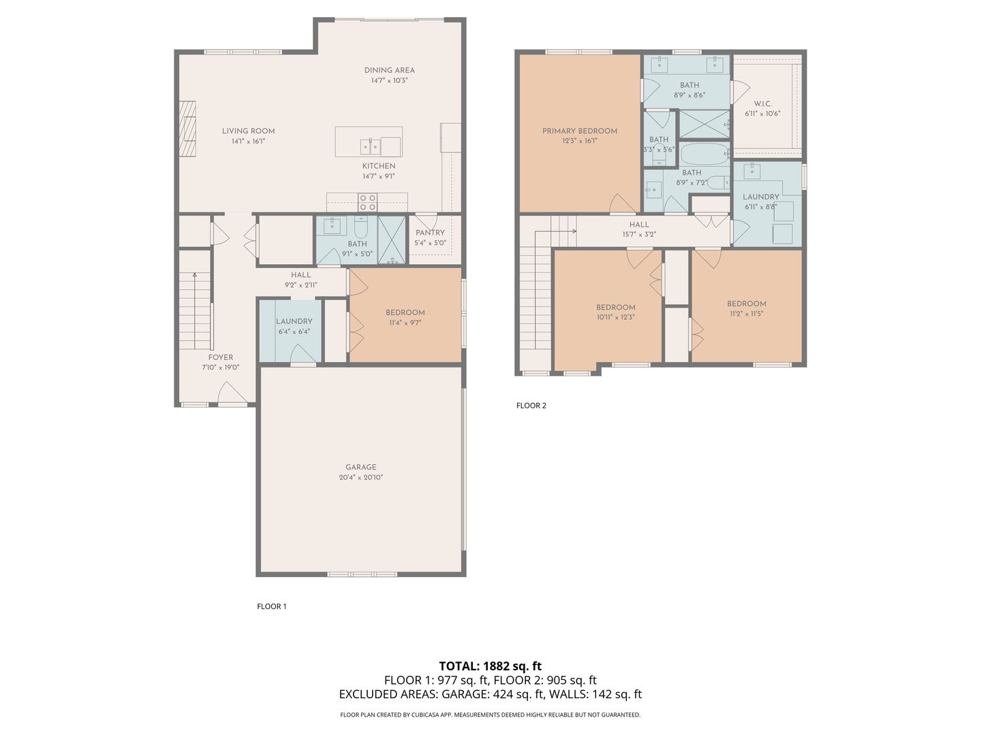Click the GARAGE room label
[x=360, y=467]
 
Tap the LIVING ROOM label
[x=249, y=131]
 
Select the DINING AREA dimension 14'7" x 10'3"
[x=389, y=81]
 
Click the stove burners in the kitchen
[x=368, y=202]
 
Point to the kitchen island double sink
[x=371, y=146]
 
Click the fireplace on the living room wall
[x=188, y=129]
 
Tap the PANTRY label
[x=430, y=233]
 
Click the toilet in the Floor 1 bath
[x=360, y=227]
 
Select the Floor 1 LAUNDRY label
[x=294, y=321]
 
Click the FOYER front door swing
[x=232, y=392]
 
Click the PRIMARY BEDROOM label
[x=580, y=131]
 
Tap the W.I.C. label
[x=762, y=103]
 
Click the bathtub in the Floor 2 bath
[x=705, y=154]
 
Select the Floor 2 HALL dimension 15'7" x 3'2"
[x=639, y=234]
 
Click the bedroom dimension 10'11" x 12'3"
[x=615, y=317]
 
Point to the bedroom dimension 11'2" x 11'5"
[x=747, y=314]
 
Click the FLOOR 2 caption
[x=531, y=406]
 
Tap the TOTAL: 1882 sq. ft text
[x=490, y=666]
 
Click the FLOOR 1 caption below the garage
[x=272, y=606]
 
